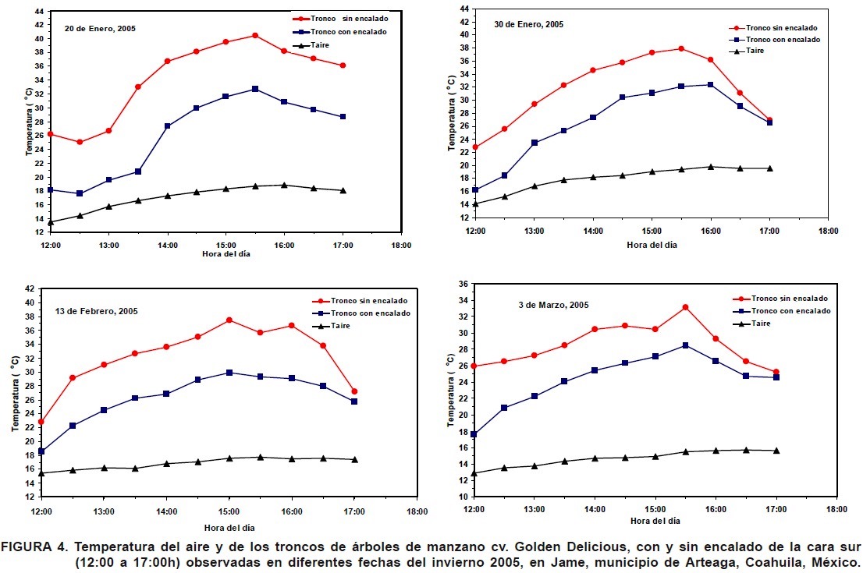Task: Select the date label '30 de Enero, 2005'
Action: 528,24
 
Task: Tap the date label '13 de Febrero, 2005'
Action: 96,311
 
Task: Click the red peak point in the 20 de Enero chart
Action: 254,35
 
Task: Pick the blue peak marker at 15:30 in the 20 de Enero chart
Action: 254,89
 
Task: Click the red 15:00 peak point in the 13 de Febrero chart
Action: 229,320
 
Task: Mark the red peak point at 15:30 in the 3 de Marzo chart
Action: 685,307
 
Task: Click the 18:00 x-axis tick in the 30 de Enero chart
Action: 828,231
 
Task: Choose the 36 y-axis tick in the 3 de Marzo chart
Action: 463,284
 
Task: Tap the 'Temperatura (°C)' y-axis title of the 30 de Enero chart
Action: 451,113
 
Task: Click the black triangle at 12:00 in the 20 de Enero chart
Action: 51,222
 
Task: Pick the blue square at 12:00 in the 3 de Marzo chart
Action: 474,434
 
